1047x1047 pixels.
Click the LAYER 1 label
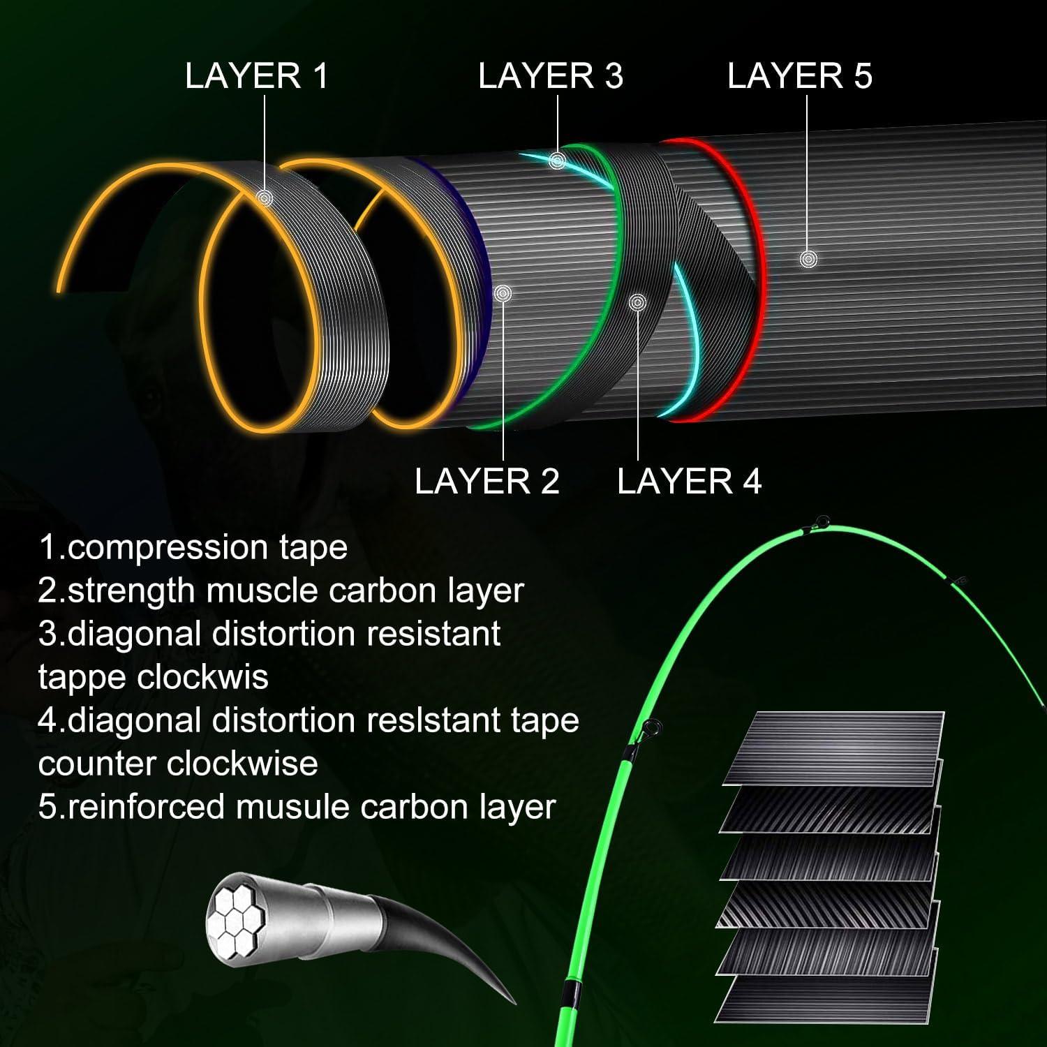pos(256,75)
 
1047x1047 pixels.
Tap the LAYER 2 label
pos(487,482)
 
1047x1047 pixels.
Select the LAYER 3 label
pos(551,75)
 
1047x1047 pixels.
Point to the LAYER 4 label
pos(690,482)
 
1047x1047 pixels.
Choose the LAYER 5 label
pos(800,75)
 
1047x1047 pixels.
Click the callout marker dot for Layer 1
pos(265,198)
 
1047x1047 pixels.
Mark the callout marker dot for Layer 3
pos(556,161)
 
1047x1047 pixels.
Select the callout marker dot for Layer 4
pos(637,302)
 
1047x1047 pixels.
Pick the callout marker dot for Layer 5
pos(808,259)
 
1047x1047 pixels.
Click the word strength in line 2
pos(132,592)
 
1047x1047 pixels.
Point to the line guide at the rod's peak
pos(822,521)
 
